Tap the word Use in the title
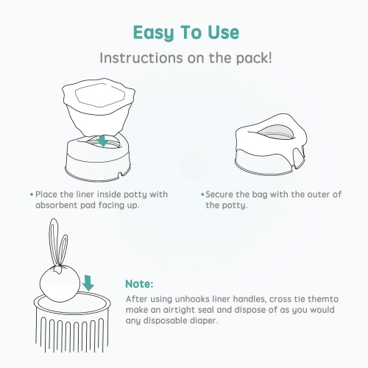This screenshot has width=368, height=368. [223, 32]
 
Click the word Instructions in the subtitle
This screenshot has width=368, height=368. [141, 58]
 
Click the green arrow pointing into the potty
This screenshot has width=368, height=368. [102, 141]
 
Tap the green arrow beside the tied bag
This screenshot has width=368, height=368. [88, 283]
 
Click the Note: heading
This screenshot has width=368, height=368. [139, 284]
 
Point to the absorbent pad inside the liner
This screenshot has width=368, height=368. [97, 95]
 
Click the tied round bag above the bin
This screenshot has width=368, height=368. [60, 284]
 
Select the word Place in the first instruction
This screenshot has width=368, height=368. [46, 194]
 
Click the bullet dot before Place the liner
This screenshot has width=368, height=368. [32, 195]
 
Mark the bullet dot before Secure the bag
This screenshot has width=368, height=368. [202, 195]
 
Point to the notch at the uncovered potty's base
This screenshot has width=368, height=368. [120, 174]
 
